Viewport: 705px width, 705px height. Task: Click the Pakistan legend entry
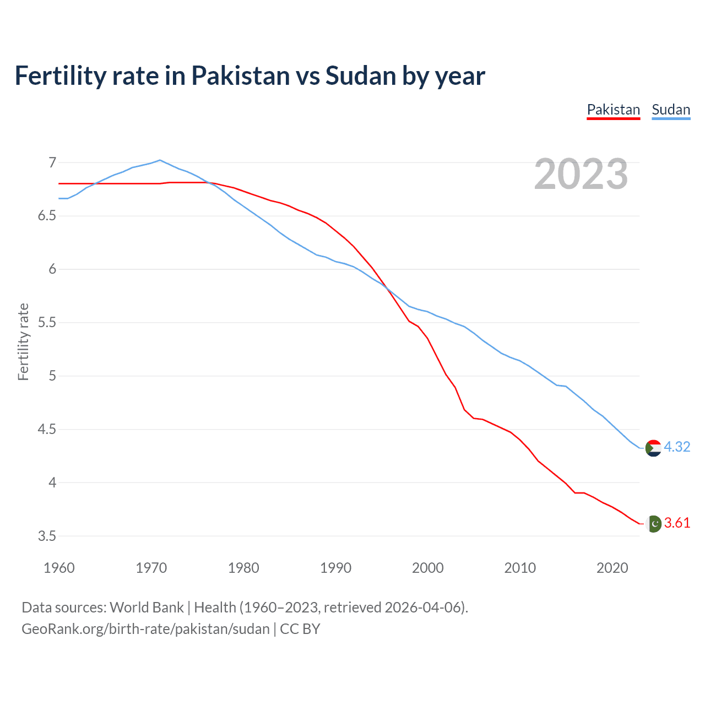tap(613, 110)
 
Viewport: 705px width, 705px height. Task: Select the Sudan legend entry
tap(670, 110)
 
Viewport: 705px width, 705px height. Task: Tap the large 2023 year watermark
tap(581, 174)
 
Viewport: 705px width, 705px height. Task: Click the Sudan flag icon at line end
tap(653, 448)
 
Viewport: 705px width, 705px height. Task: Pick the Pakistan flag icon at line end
tap(653, 523)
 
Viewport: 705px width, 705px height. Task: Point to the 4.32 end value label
tap(677, 447)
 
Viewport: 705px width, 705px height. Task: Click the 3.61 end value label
tap(677, 523)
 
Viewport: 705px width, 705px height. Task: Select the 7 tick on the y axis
tap(52, 162)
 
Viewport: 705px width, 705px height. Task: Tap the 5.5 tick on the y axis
tap(47, 322)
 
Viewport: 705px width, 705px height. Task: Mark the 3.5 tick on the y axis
tap(47, 536)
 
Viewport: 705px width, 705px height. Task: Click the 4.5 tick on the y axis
tap(47, 429)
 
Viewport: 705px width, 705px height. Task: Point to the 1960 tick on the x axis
tap(59, 568)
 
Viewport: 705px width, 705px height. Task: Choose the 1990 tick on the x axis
tap(335, 568)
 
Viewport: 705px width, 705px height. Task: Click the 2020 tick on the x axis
tap(612, 568)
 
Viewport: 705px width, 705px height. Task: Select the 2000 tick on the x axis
tap(427, 568)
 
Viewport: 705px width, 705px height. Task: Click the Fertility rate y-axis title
tap(23, 341)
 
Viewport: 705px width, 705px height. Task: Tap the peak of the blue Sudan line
tap(160, 160)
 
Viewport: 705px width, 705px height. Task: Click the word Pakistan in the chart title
tap(240, 75)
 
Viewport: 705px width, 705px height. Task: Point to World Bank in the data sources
tap(147, 608)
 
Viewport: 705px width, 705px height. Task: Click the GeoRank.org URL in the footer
tap(145, 629)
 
